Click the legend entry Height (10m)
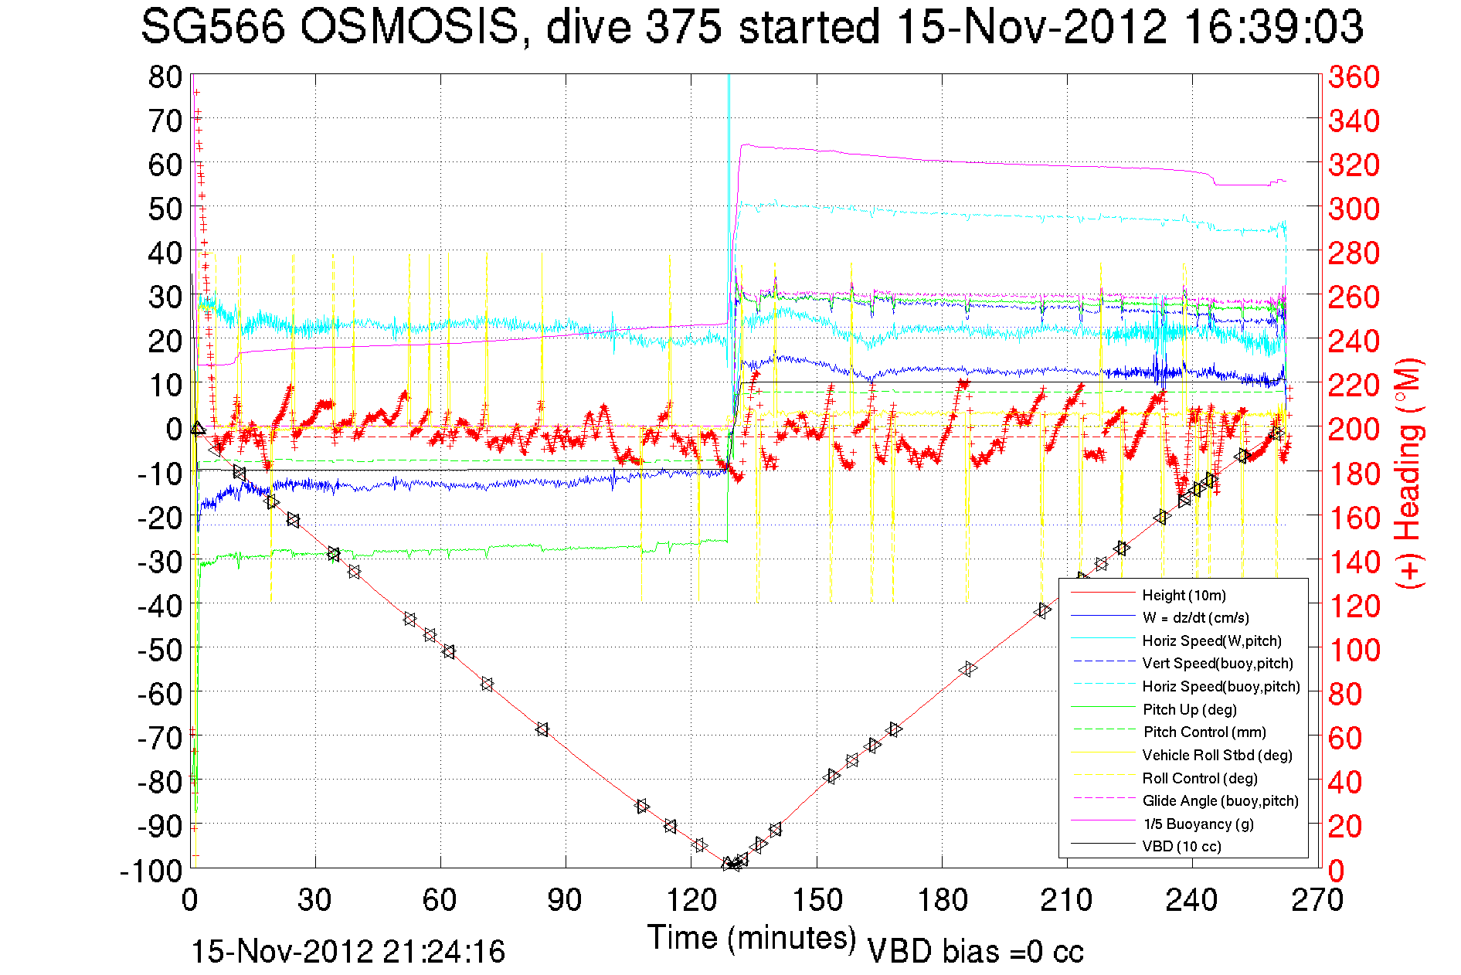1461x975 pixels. coord(1184,595)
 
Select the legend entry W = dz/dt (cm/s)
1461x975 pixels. coord(1195,617)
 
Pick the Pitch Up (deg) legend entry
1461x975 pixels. coord(1189,709)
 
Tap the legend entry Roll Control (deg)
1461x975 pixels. coord(1200,778)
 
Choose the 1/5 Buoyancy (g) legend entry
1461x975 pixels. coord(1198,824)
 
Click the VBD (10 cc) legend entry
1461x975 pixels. coord(1181,846)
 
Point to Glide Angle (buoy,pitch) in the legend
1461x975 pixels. coord(1220,800)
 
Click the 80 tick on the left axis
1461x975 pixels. coord(165,77)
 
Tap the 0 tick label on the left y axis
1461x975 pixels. coord(173,428)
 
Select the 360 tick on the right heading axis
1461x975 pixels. coord(1354,77)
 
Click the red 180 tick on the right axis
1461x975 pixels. coord(1354,473)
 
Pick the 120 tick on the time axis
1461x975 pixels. coord(691,900)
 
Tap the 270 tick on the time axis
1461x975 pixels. coord(1317,900)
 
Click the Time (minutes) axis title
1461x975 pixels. coord(751,938)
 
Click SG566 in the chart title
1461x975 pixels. coord(212,28)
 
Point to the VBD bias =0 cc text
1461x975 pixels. coord(975,952)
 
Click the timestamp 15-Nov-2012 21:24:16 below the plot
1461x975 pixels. coord(348,952)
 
